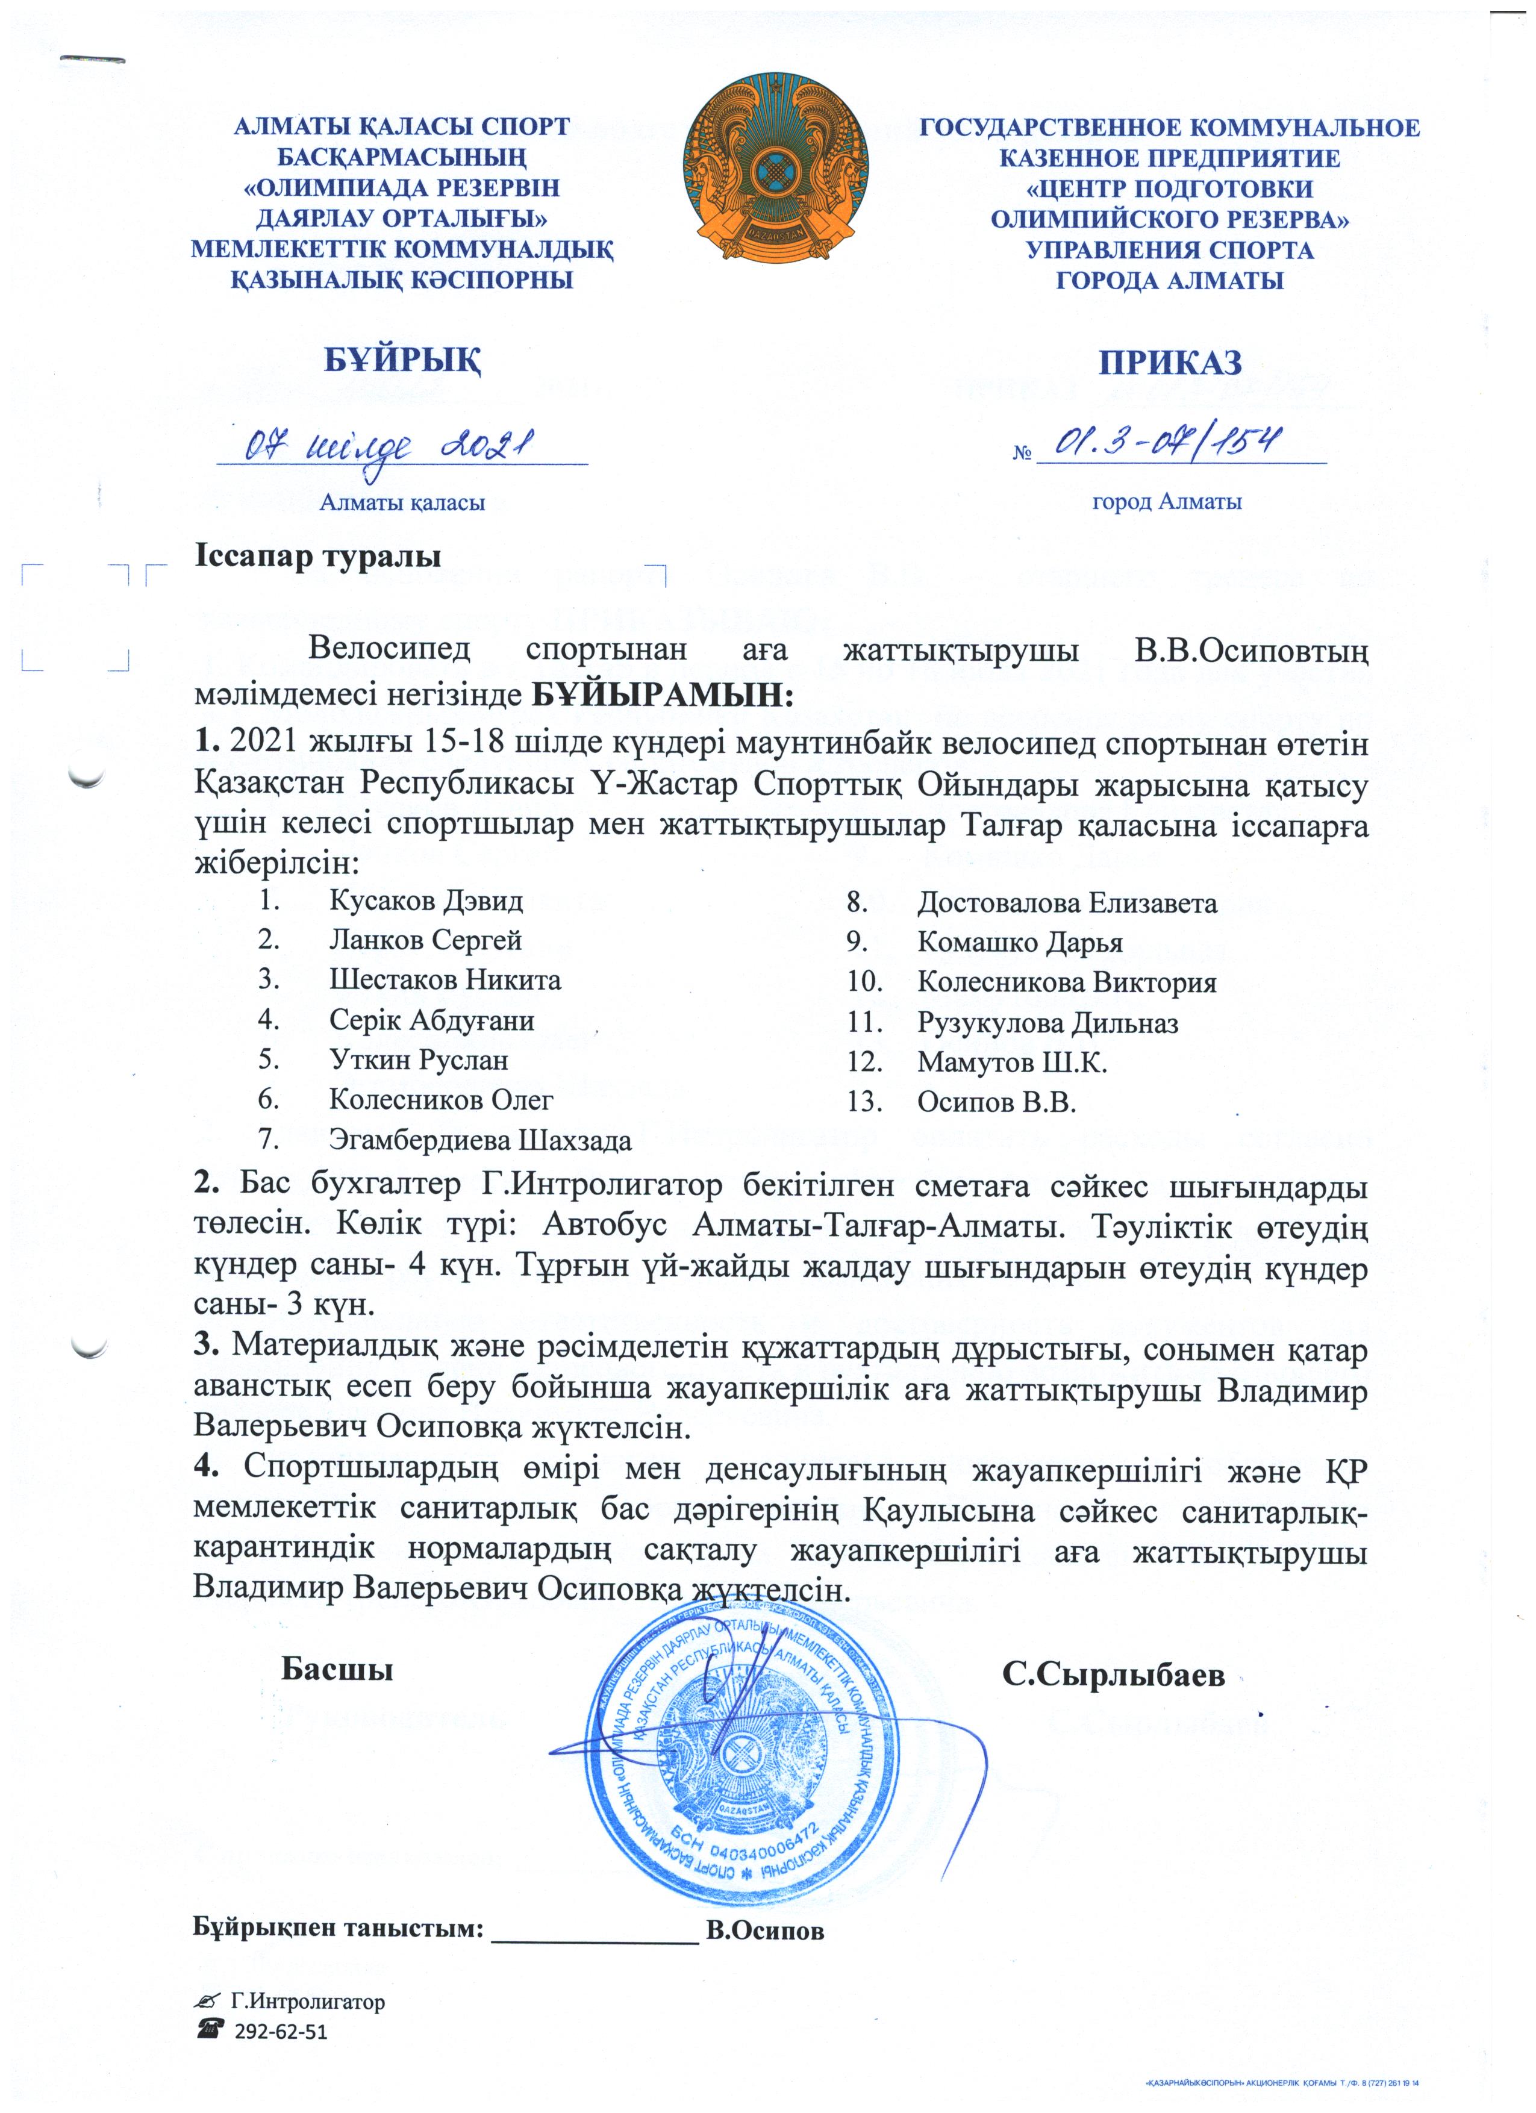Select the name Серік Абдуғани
click(431, 1020)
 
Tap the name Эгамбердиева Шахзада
click(479, 1140)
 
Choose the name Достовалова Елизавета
click(1067, 903)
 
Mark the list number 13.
click(864, 1102)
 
